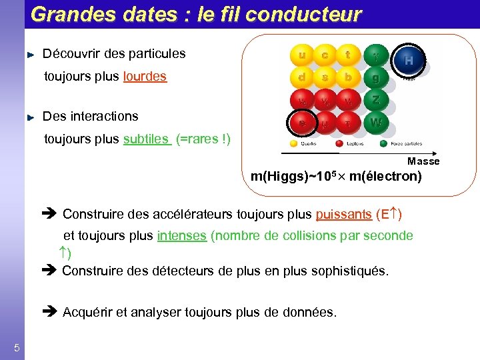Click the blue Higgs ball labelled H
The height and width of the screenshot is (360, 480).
(x=408, y=61)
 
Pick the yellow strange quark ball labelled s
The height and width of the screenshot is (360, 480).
(x=325, y=78)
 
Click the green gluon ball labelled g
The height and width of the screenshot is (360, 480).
(x=376, y=79)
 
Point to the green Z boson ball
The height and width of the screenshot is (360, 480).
(x=376, y=101)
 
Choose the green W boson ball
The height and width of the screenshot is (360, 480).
(x=376, y=123)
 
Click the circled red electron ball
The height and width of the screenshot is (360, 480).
(x=302, y=123)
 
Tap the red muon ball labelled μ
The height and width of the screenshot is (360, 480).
(x=325, y=123)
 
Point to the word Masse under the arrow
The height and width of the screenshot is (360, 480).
(x=423, y=161)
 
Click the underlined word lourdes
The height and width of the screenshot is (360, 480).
(x=145, y=77)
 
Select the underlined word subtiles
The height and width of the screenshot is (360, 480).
(x=146, y=139)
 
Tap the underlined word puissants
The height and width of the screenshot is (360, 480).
(x=343, y=215)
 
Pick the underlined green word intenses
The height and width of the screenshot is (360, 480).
(x=181, y=236)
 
